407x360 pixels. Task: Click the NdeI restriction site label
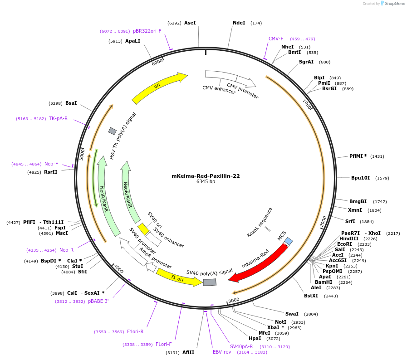[x=239, y=23]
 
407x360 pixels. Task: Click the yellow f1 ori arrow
[x=178, y=277]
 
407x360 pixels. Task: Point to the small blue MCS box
[x=289, y=241]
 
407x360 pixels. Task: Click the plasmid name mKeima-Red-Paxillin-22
[x=206, y=176]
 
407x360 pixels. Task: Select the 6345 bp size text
[x=206, y=182]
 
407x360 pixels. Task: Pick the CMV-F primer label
[x=276, y=39]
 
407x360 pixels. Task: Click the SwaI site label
[x=292, y=314]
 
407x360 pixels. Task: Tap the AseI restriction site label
[x=190, y=23]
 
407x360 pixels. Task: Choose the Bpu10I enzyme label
[x=360, y=178]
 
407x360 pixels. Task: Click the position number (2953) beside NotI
[x=298, y=322]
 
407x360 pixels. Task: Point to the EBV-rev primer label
[x=222, y=351]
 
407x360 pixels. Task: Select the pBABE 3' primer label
[x=98, y=301]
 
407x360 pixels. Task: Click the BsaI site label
[x=71, y=103]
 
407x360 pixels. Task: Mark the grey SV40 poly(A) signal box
[x=210, y=282]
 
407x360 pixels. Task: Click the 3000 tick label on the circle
[x=234, y=300]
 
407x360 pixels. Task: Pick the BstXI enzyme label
[x=311, y=296]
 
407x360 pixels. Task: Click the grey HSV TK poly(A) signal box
[x=112, y=131]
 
